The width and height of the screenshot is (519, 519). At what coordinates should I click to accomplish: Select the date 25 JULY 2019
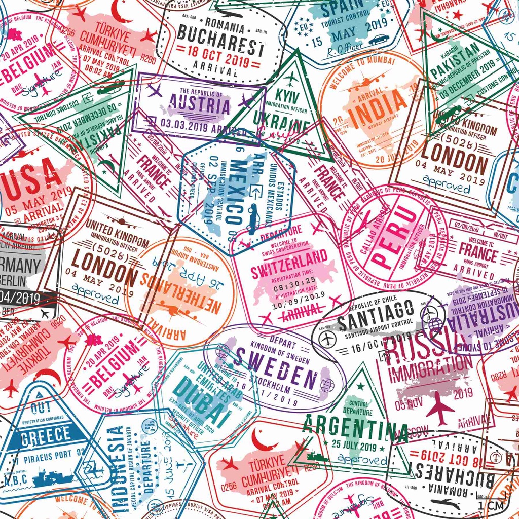[354, 447]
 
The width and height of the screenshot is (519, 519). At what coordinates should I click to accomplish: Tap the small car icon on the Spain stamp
[379, 39]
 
